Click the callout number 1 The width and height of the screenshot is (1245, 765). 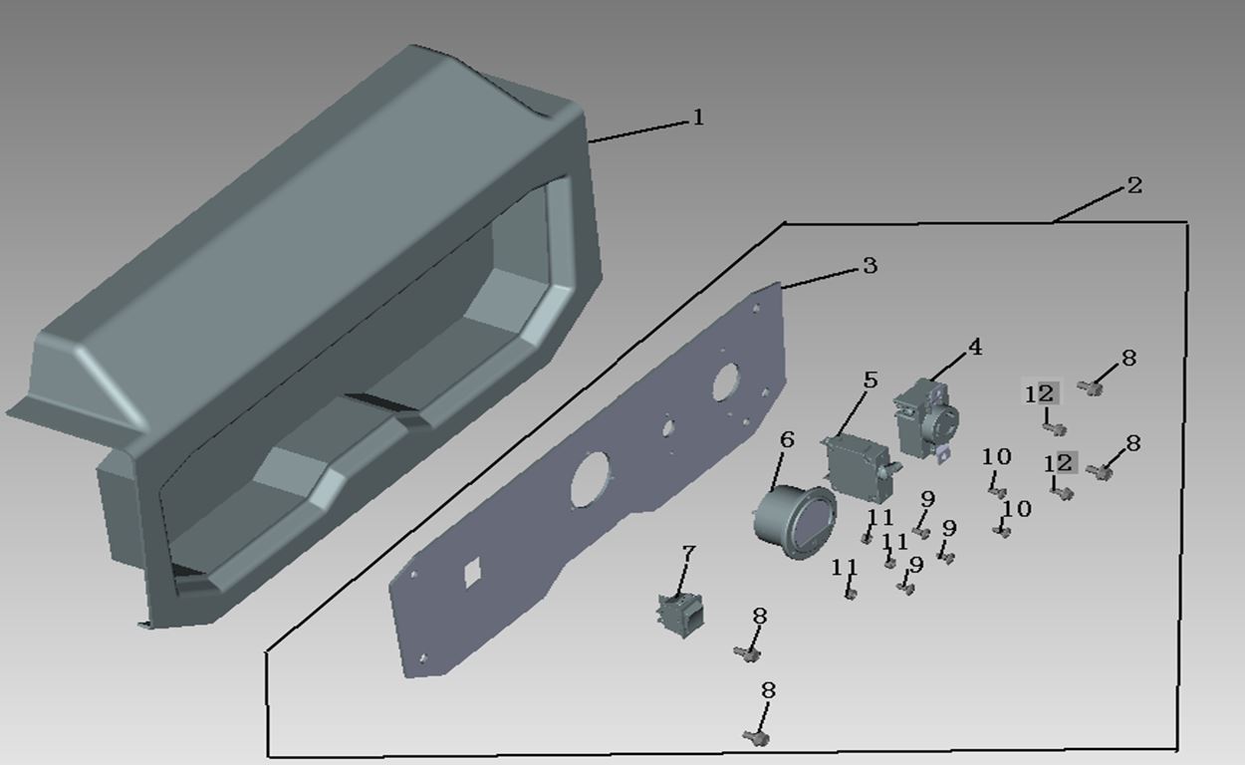point(698,118)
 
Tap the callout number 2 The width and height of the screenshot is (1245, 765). point(1134,185)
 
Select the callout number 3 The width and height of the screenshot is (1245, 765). point(871,266)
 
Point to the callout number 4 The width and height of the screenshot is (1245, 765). point(975,348)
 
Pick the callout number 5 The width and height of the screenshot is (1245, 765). point(871,381)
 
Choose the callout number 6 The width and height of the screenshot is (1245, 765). point(787,439)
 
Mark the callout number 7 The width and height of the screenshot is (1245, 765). point(688,554)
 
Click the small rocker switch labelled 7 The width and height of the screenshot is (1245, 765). point(680,616)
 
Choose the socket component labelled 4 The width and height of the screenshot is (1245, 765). point(926,420)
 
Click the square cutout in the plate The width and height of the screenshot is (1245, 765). point(472,572)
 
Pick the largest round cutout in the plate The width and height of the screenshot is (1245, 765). point(591,479)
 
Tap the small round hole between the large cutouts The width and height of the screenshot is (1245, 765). point(667,428)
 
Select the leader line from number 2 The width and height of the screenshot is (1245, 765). point(1088,205)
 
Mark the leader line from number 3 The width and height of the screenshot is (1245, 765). point(821,279)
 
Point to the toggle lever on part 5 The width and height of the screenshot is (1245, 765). point(893,468)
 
